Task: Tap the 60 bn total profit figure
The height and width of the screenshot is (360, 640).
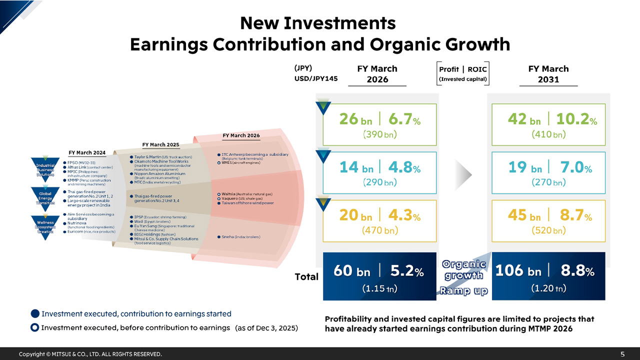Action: click(x=351, y=271)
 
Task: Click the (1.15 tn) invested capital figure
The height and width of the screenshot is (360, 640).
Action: click(x=379, y=288)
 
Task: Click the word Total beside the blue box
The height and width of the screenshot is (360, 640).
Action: click(x=306, y=276)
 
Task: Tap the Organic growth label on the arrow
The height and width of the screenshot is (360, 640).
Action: click(x=464, y=270)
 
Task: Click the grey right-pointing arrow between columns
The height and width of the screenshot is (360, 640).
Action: click(x=465, y=174)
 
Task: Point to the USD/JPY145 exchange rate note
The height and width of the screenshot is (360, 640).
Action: click(x=315, y=78)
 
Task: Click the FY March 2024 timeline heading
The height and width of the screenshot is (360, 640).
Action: click(x=87, y=152)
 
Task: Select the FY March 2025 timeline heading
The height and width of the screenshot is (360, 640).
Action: click(x=160, y=144)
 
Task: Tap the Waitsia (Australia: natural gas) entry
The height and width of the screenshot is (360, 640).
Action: click(x=247, y=193)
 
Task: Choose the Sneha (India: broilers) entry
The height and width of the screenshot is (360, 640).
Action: click(x=240, y=236)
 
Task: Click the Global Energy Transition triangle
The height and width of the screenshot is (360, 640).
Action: click(x=45, y=196)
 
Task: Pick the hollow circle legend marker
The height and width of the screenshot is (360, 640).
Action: click(x=35, y=328)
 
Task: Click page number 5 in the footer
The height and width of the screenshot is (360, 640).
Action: click(x=622, y=354)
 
